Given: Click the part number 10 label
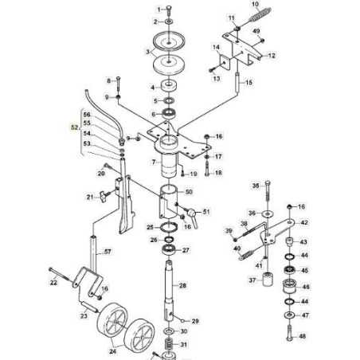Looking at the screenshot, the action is coord(255,4).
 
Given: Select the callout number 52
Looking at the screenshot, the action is coord(74,126).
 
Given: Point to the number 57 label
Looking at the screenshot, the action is coord(108,252).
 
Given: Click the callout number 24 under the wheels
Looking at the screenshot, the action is coord(112,349).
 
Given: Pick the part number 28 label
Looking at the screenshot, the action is coord(183,285).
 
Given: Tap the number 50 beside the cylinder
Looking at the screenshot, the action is coord(190,192).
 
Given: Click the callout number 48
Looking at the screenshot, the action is coord(303,337).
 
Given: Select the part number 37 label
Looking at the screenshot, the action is coord(252,280).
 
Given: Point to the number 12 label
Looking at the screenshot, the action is coord(272,56).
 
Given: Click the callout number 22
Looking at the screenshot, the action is coord(53,283).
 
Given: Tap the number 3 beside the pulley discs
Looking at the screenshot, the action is coord(147,50).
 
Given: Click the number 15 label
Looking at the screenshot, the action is coord(248,82).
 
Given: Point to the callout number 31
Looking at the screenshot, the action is coord(183,345).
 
